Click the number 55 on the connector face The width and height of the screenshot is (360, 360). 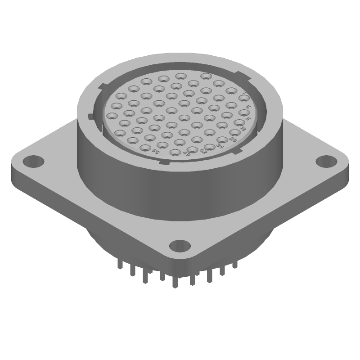[x=156, y=152]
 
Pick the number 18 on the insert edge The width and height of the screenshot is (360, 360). [x=243, y=130]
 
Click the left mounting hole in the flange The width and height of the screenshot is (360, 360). [x=33, y=160]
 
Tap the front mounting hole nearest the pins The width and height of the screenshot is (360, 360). [x=180, y=246]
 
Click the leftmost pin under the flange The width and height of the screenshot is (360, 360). [x=119, y=265]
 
